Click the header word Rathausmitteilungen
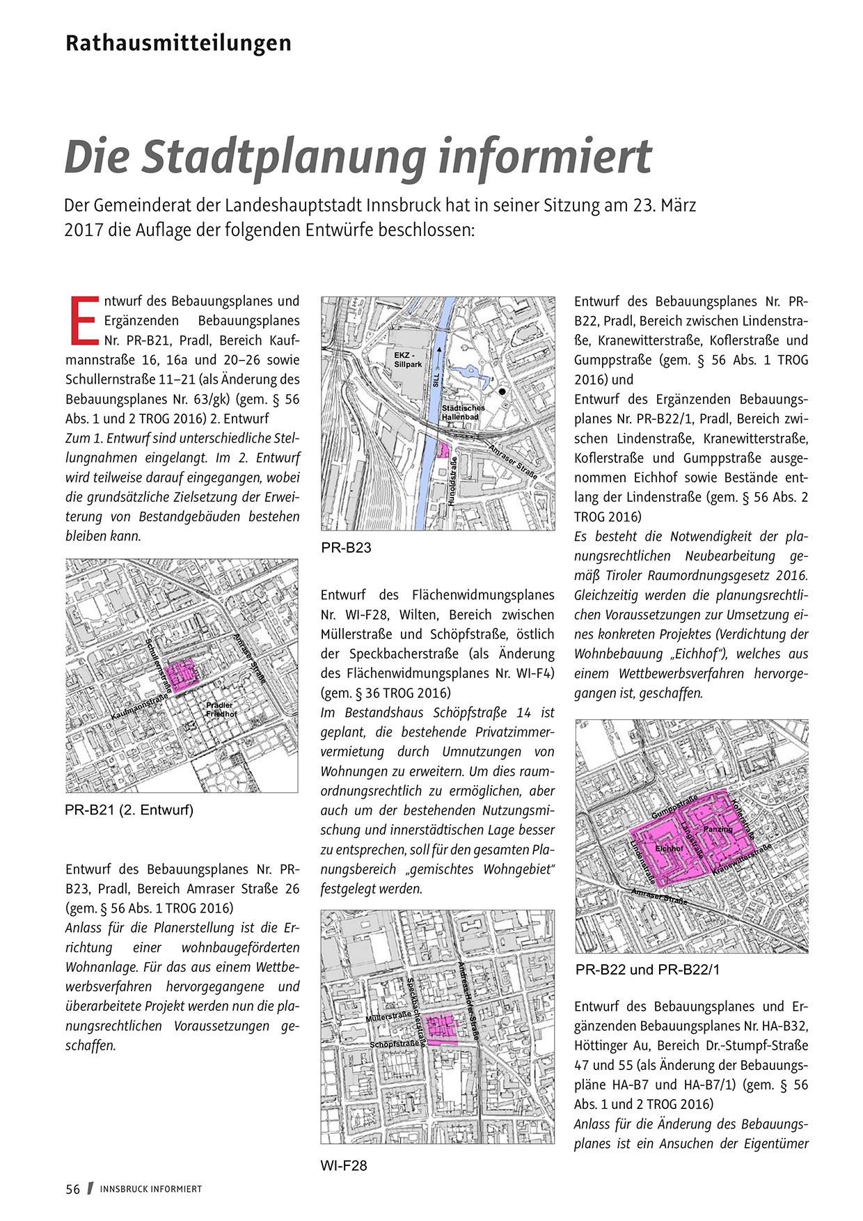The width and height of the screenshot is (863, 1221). pos(178,43)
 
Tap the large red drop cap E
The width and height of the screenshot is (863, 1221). pos(84,320)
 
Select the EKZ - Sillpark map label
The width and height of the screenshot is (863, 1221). pos(408,360)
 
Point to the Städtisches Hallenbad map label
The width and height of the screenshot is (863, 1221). pos(463,412)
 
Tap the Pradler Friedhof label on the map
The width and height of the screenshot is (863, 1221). pos(221,709)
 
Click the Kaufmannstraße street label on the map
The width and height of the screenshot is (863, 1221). pos(140,707)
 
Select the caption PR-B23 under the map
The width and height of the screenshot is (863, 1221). pos(346,548)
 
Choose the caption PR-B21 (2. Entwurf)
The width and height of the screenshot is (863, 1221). pos(129,810)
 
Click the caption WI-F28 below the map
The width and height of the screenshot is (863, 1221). pos(343,1165)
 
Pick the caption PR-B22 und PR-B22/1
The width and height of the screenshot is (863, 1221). pos(647,970)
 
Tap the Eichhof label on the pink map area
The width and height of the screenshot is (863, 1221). pos(669,849)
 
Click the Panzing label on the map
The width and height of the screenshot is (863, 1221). pos(718,829)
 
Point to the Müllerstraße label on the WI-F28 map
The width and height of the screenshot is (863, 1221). pos(388,1017)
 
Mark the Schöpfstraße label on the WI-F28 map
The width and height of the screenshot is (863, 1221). pos(395,1044)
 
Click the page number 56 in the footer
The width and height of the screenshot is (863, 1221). pos(73,1189)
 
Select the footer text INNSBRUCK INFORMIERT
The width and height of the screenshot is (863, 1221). pos(150,1189)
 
